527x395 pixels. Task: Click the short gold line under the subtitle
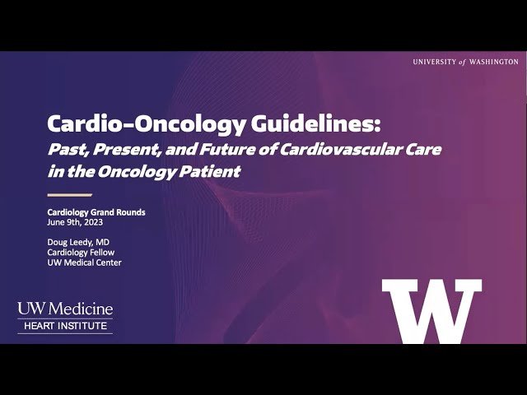69,195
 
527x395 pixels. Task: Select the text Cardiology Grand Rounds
96,212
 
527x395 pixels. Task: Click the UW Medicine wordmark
65,309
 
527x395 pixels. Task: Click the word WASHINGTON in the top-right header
490,62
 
